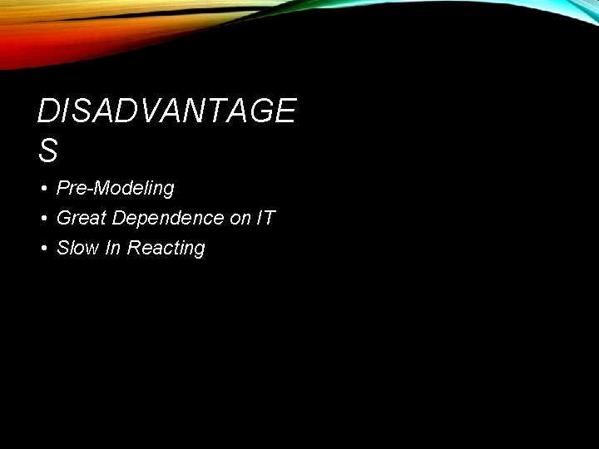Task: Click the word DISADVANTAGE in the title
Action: pyautogui.click(x=166, y=111)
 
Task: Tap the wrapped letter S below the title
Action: pyautogui.click(x=48, y=150)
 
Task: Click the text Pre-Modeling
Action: pyautogui.click(x=115, y=189)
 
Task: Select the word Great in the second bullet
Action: pyautogui.click(x=82, y=219)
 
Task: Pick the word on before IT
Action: pyautogui.click(x=240, y=219)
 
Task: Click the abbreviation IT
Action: pyautogui.click(x=266, y=219)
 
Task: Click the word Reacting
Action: pyautogui.click(x=166, y=249)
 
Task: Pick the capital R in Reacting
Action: pyautogui.click(x=133, y=249)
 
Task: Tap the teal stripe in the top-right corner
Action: pyautogui.click(x=574, y=7)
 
